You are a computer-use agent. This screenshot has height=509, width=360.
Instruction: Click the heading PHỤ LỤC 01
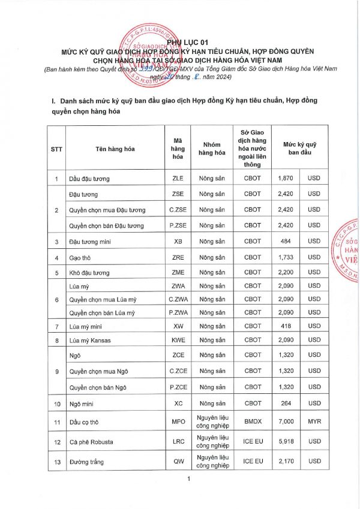(x=180, y=42)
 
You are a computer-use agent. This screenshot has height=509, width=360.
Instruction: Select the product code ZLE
(x=178, y=179)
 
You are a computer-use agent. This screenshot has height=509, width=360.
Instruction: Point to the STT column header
(x=56, y=147)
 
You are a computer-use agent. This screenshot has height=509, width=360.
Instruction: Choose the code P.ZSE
(x=178, y=225)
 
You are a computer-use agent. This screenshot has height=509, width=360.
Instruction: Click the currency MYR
(x=314, y=421)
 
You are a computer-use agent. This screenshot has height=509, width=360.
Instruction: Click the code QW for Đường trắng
(x=178, y=462)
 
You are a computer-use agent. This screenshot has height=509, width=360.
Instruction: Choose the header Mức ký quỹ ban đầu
(x=301, y=147)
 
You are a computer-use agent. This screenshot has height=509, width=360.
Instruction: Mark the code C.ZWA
(x=178, y=299)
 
